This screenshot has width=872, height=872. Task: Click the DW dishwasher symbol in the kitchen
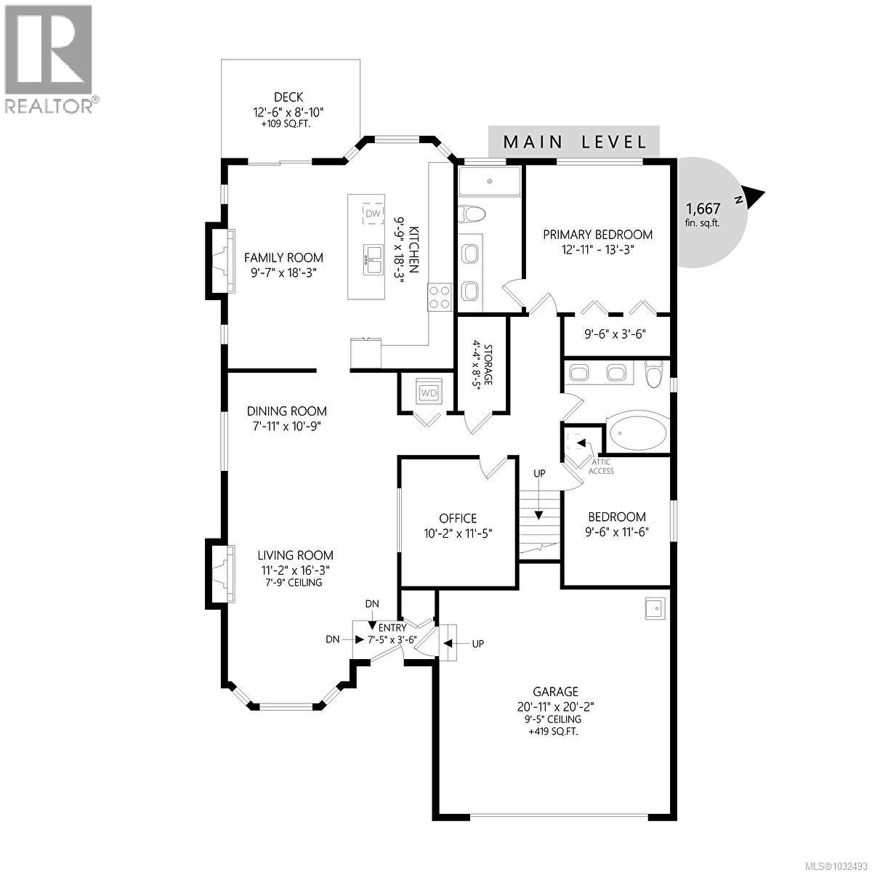pyautogui.click(x=373, y=213)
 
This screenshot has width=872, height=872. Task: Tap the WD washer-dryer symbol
pyautogui.click(x=429, y=393)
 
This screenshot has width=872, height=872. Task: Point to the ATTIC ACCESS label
pyautogui.click(x=600, y=467)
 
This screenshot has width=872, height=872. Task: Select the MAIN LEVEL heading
pyautogui.click(x=574, y=142)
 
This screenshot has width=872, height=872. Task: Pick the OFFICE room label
pyautogui.click(x=458, y=518)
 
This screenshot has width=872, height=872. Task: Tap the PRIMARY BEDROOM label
pyautogui.click(x=598, y=235)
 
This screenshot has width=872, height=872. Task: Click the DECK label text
pyautogui.click(x=288, y=97)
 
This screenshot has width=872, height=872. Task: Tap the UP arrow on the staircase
pyautogui.click(x=539, y=509)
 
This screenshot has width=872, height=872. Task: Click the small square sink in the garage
pyautogui.click(x=654, y=609)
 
